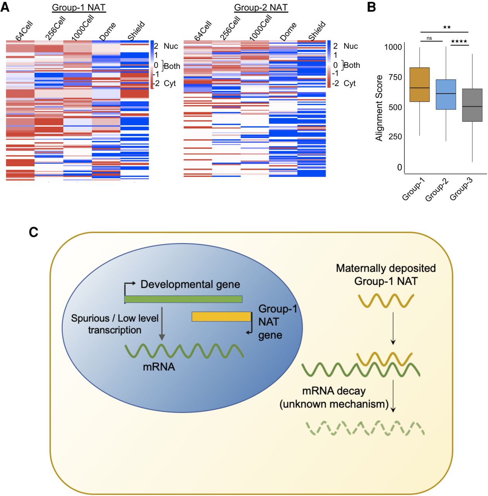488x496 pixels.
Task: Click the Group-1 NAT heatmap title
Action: (x=79, y=7)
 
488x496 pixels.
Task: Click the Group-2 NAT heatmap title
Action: (x=261, y=7)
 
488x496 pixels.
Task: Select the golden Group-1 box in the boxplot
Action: (x=419, y=84)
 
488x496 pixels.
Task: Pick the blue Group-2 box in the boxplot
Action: (x=446, y=95)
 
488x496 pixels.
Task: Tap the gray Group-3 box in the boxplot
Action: (x=472, y=105)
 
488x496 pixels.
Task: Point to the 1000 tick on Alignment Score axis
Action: (x=393, y=47)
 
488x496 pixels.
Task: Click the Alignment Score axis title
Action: (x=379, y=108)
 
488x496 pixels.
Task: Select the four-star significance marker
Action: (x=459, y=41)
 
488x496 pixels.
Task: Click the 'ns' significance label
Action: (x=429, y=38)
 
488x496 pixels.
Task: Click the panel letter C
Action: (x=34, y=232)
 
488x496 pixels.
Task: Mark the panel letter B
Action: (x=371, y=7)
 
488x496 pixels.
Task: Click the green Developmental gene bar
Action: (x=184, y=299)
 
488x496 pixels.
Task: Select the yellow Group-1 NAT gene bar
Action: (x=221, y=317)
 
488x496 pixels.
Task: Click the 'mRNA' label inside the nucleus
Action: (x=159, y=367)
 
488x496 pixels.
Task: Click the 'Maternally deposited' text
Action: (x=386, y=268)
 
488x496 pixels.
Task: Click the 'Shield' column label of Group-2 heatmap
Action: (x=317, y=31)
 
